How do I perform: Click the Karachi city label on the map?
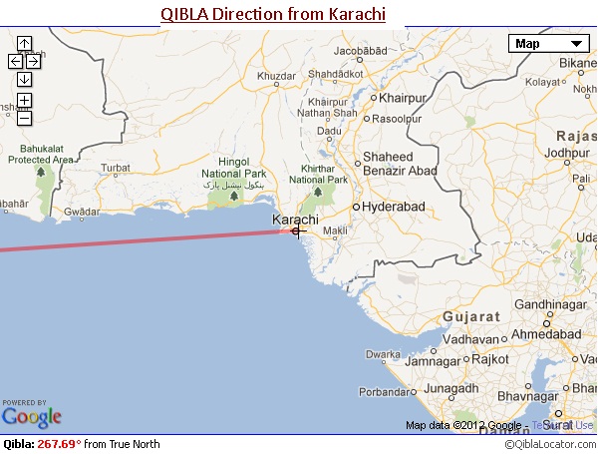click(x=295, y=219)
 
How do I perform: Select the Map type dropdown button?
click(x=548, y=43)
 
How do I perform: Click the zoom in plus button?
click(x=25, y=101)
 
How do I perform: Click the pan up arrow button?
click(x=25, y=44)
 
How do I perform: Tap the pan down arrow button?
click(x=25, y=79)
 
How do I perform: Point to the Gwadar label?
click(x=82, y=212)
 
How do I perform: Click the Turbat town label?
click(x=116, y=167)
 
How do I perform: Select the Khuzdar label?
click(x=276, y=76)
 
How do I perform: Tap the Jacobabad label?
click(x=360, y=51)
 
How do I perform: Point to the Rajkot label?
click(x=489, y=358)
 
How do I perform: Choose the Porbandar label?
click(x=410, y=390)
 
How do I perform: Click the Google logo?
click(x=32, y=416)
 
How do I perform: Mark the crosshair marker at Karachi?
click(x=296, y=231)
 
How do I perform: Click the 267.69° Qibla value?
click(x=59, y=444)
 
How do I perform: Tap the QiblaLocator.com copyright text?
click(x=549, y=444)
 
